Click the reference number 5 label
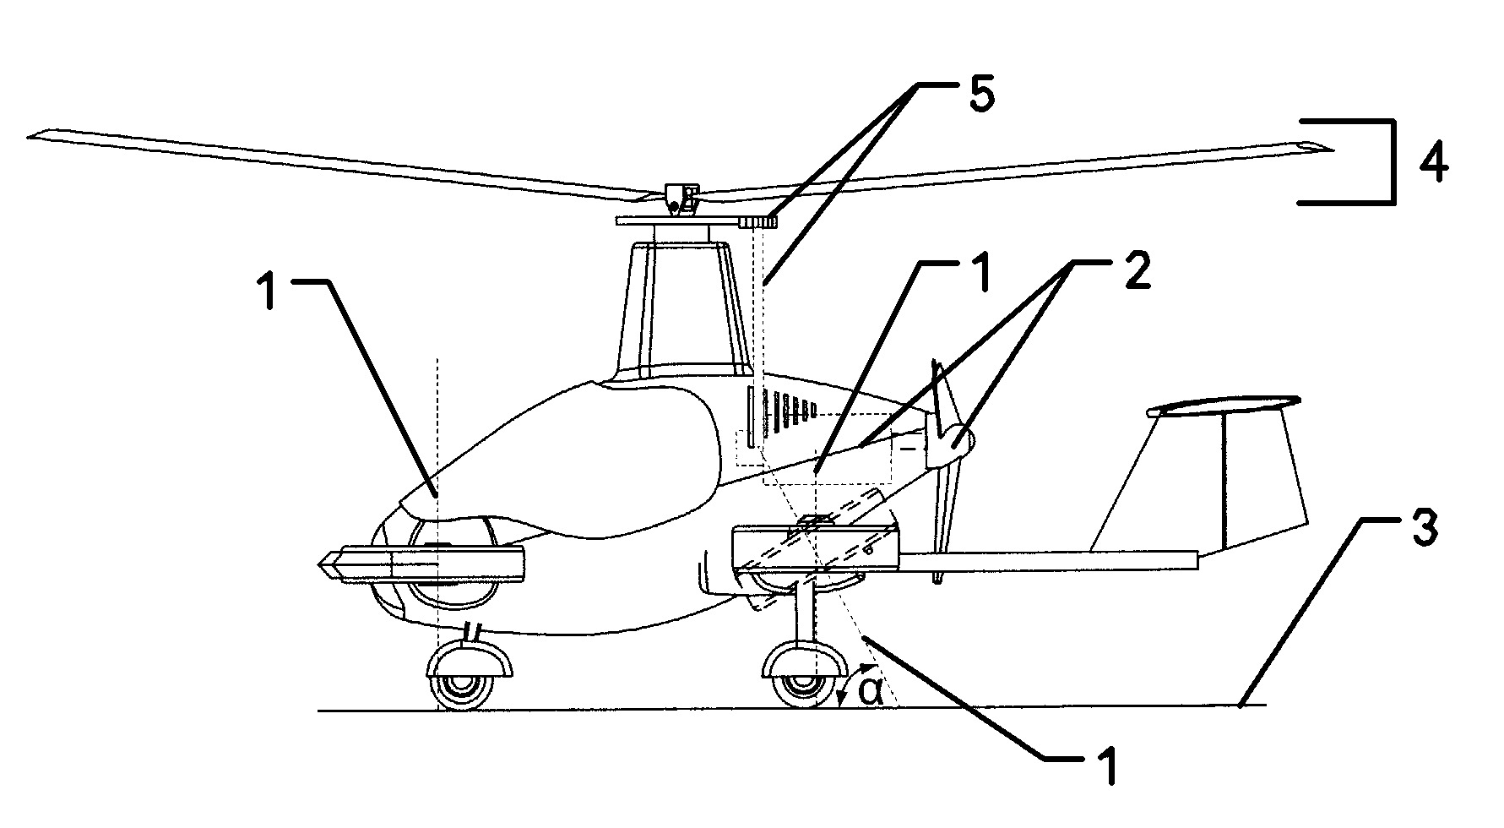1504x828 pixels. point(980,95)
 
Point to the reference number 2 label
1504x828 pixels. point(1136,275)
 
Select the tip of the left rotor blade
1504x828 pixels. point(34,133)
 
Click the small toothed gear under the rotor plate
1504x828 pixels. point(758,222)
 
